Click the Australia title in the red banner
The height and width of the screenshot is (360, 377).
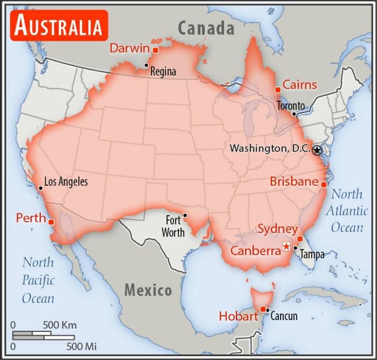58,25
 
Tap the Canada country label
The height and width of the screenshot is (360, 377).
206,28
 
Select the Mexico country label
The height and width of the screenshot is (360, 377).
148,291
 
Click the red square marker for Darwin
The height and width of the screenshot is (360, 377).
155,50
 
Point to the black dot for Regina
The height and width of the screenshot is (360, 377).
146,66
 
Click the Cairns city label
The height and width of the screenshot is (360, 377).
299,85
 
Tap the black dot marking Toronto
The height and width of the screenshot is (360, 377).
294,114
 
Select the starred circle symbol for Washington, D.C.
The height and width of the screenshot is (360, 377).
317,151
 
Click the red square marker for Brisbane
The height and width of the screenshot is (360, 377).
324,185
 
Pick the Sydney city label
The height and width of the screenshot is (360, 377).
277,229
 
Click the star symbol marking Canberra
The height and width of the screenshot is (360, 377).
286,246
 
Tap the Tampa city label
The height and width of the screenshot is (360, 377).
312,255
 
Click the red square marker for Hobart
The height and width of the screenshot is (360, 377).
263,309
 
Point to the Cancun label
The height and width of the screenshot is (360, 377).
283,316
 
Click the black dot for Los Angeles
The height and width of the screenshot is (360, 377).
40,188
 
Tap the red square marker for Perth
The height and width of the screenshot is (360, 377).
51,222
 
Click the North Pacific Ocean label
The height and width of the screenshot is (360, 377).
38,280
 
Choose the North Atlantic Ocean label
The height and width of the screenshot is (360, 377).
347,210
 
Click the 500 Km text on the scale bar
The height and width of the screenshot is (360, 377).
60,325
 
